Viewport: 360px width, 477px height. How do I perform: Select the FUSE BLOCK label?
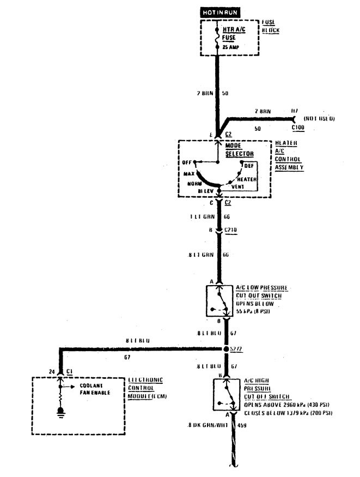pyautogui.click(x=270, y=27)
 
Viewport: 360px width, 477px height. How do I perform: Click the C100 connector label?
pyautogui.click(x=298, y=128)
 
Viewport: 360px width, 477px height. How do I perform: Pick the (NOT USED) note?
pyautogui.click(x=319, y=118)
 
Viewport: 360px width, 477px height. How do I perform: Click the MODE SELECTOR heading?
pyautogui.click(x=236, y=150)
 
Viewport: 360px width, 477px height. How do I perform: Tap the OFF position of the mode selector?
pyautogui.click(x=187, y=162)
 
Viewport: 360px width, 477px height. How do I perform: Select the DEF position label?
pyautogui.click(x=249, y=165)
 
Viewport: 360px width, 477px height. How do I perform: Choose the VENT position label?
pyautogui.click(x=237, y=186)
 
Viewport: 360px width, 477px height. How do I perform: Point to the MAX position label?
pyautogui.click(x=189, y=174)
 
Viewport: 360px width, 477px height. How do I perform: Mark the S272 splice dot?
pyautogui.click(x=226, y=349)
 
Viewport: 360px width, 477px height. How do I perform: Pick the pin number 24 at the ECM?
pyautogui.click(x=52, y=372)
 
